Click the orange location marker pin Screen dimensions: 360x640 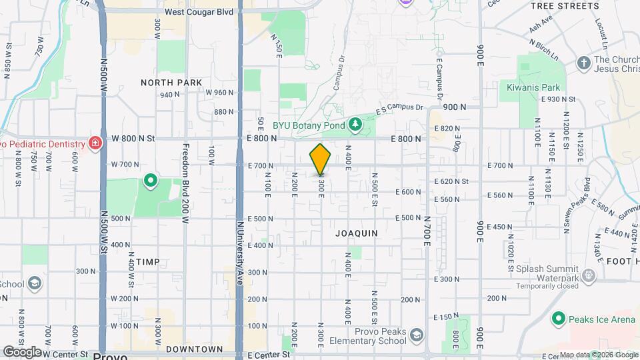click(321, 159)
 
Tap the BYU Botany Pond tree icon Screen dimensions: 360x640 click(355, 123)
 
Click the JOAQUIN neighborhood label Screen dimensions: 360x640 click(357, 233)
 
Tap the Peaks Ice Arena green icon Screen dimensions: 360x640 click(558, 319)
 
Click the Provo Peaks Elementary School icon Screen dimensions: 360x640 click(417, 334)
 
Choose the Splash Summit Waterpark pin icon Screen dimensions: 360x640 click(588, 275)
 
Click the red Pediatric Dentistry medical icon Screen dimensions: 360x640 click(95, 143)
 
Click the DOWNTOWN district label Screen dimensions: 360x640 click(194, 349)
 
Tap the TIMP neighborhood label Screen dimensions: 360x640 click(148, 262)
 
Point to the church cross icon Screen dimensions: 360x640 click(583, 63)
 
